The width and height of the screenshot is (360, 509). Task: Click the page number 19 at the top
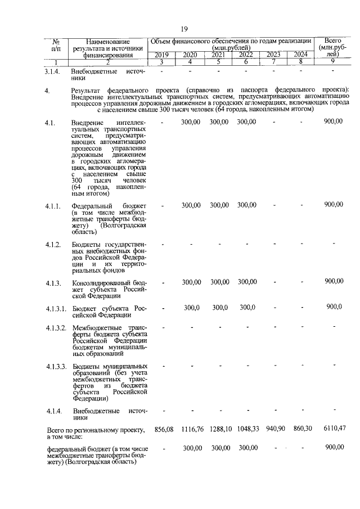tap(183, 29)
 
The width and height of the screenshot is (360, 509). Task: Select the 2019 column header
tap(161, 55)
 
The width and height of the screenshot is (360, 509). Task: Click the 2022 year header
tap(245, 55)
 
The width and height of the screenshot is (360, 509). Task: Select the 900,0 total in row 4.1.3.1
tap(334, 307)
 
